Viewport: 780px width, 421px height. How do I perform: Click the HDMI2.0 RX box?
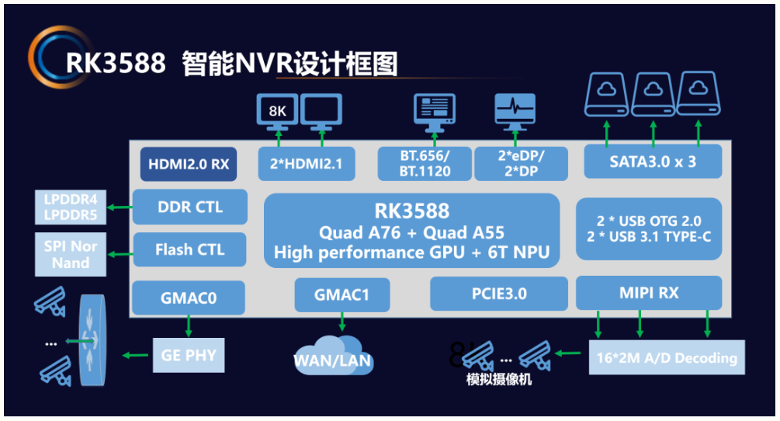pos(189,164)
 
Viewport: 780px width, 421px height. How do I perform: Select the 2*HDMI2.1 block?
pos(307,164)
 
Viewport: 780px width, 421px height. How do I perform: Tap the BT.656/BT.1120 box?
pos(425,164)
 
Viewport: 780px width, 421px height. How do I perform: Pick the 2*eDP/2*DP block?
pos(521,164)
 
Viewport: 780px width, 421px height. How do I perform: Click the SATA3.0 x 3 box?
pos(653,162)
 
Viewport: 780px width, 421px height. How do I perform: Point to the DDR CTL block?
pos(190,207)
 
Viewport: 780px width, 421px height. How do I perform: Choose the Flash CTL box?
pos(190,249)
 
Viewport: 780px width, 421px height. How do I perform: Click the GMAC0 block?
pos(189,297)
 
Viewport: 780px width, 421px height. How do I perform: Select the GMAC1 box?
pos(342,294)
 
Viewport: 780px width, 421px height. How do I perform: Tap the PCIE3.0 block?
pos(499,294)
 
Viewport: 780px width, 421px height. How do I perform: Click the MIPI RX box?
pos(649,293)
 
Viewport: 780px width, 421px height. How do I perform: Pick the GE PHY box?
pos(189,355)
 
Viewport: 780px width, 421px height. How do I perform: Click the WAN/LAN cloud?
pos(333,355)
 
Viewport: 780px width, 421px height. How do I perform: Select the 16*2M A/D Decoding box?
pos(667,357)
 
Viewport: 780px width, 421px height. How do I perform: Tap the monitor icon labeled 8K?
pos(278,112)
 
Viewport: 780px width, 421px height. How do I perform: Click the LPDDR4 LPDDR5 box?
pos(71,207)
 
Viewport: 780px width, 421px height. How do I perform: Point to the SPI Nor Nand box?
pos(71,254)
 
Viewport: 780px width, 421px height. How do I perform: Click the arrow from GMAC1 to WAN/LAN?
pos(342,322)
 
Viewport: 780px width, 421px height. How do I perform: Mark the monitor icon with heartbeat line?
pos(515,112)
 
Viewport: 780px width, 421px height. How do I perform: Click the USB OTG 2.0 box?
pos(649,229)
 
